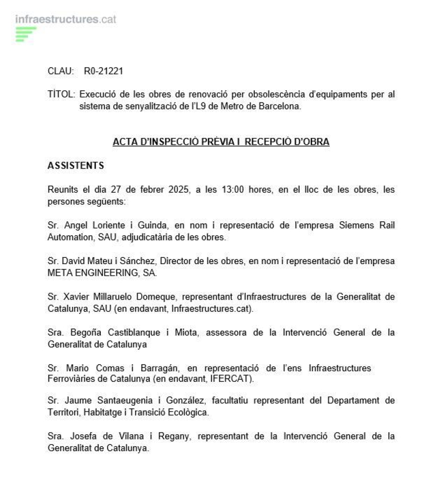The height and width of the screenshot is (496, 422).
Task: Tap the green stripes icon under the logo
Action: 25,34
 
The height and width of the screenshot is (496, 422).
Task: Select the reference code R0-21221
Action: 103,71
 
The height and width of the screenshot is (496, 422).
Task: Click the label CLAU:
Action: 61,71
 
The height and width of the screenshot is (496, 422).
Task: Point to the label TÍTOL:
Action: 62,95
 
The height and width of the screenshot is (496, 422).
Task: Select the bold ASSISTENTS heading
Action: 75,165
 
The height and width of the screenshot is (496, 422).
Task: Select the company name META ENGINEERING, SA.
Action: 102,273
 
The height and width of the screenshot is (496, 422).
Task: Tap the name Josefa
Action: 83,436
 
